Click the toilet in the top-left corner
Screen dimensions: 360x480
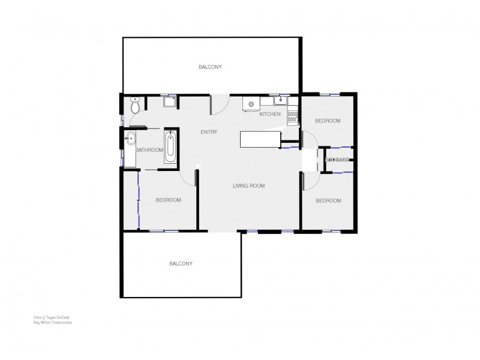pyautogui.click(x=135, y=106)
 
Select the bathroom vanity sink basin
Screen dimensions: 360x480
pyautogui.click(x=129, y=139)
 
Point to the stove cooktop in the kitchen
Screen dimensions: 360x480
pyautogui.click(x=293, y=116)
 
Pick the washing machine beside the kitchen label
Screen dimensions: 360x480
pyautogui.click(x=250, y=105)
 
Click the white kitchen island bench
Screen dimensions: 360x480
pyautogui.click(x=260, y=139)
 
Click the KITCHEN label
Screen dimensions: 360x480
pyautogui.click(x=270, y=114)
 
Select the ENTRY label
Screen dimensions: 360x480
pyautogui.click(x=209, y=132)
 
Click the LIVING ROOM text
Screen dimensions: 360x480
pyautogui.click(x=248, y=186)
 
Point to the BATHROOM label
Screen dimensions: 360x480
pyautogui.click(x=149, y=150)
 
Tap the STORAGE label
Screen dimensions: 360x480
pyautogui.click(x=337, y=160)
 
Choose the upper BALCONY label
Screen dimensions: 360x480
pyautogui.click(x=210, y=67)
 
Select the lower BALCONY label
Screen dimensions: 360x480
pyautogui.click(x=181, y=263)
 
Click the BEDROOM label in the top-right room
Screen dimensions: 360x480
pyautogui.click(x=328, y=121)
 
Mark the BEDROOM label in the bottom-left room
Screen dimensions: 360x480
pyautogui.click(x=168, y=200)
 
